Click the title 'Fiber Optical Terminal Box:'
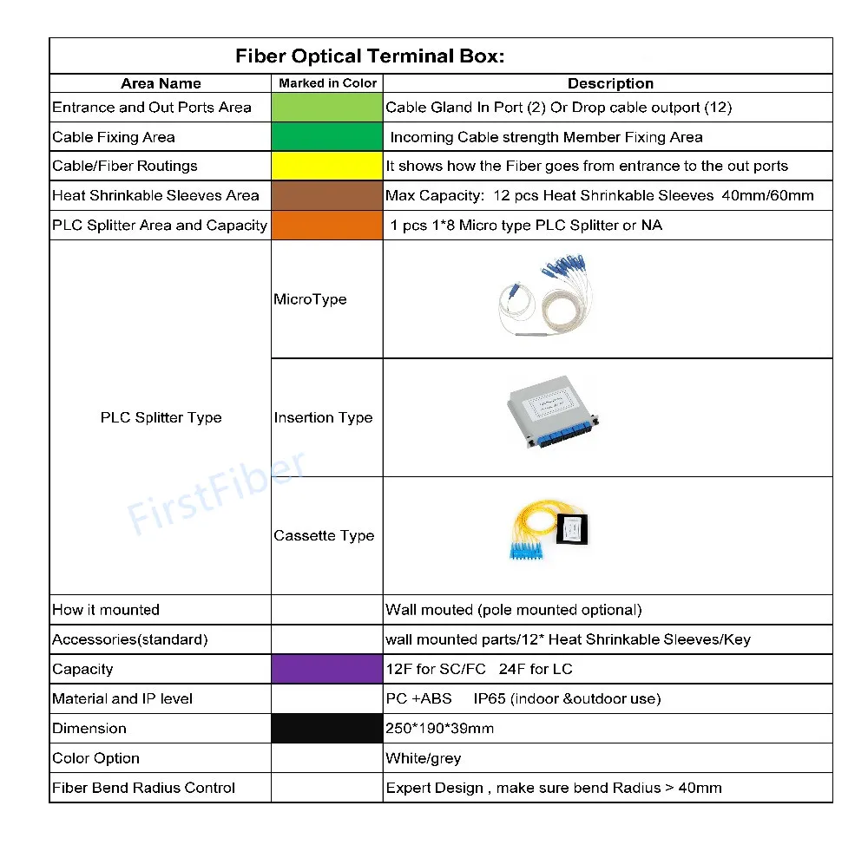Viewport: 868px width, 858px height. pyautogui.click(x=370, y=56)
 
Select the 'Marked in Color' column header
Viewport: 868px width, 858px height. pyautogui.click(x=327, y=83)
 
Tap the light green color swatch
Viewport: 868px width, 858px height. pyautogui.click(x=326, y=108)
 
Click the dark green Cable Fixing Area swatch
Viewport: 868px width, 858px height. pyautogui.click(x=326, y=137)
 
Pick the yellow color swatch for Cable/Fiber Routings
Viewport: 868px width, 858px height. pyautogui.click(x=326, y=166)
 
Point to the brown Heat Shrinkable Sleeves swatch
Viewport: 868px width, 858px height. pyautogui.click(x=326, y=195)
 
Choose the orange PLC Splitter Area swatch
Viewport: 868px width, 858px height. pyautogui.click(x=326, y=225)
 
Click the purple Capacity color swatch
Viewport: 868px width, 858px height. pyautogui.click(x=326, y=669)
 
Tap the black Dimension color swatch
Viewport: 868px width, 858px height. pyautogui.click(x=326, y=728)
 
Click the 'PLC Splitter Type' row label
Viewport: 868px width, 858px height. pyautogui.click(x=161, y=417)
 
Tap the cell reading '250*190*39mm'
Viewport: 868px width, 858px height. pyautogui.click(x=439, y=729)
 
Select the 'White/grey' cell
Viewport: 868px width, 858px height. pyautogui.click(x=423, y=758)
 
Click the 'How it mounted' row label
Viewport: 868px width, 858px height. pyautogui.click(x=106, y=610)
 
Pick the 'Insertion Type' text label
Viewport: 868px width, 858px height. pyautogui.click(x=323, y=417)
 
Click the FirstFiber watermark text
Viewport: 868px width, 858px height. pyautogui.click(x=216, y=492)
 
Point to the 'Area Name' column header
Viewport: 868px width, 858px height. pyautogui.click(x=161, y=83)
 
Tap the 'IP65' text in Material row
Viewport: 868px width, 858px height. pyautogui.click(x=492, y=699)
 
